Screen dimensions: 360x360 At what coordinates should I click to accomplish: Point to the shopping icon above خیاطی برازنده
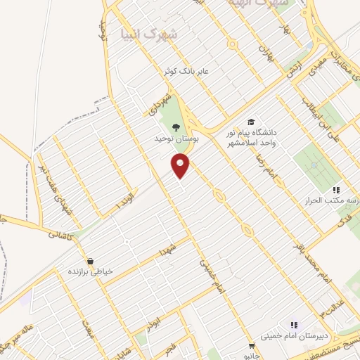pos(90,260)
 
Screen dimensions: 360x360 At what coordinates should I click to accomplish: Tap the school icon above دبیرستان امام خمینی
pos(293,325)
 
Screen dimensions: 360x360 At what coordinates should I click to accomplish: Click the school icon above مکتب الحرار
pos(336,190)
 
